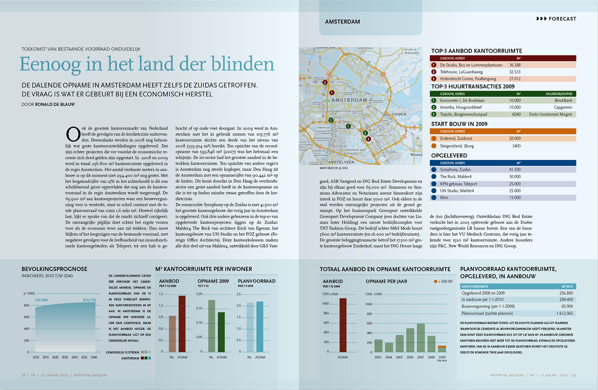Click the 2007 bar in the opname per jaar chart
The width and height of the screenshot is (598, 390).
[421, 338]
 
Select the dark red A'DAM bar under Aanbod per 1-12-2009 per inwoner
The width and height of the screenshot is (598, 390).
[182, 324]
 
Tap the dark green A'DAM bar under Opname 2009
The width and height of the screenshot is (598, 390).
[221, 332]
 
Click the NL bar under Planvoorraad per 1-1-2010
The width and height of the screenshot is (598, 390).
[250, 327]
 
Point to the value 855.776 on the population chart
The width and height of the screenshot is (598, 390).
[89, 300]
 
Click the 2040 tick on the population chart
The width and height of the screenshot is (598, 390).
[94, 357]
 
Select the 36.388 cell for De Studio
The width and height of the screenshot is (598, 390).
[515, 65]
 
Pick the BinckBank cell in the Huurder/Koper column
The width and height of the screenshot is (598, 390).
[563, 100]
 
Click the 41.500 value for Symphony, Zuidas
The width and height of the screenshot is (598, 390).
[515, 170]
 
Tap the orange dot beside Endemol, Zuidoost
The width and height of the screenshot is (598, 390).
[434, 138]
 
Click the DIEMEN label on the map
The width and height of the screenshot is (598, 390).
[399, 114]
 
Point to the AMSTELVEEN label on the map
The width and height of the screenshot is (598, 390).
[341, 162]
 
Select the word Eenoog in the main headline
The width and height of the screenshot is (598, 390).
[50, 64]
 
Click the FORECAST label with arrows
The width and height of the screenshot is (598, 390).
[556, 19]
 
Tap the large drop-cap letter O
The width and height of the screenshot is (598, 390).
[73, 134]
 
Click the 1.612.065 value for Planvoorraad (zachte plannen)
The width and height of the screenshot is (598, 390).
[564, 313]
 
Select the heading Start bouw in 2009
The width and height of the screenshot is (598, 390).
[459, 124]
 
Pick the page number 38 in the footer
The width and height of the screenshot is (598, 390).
[23, 375]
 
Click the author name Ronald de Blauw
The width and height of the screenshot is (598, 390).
[55, 104]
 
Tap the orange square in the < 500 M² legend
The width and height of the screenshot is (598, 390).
[435, 282]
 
